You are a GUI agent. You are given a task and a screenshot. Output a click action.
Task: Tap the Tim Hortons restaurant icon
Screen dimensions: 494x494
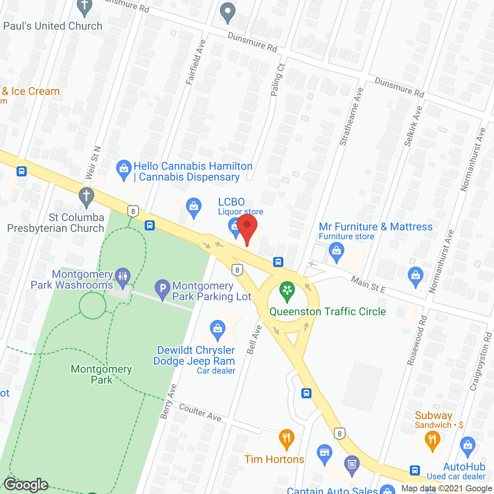point(286,438)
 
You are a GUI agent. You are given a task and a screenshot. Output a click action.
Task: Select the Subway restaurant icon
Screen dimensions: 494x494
point(432,440)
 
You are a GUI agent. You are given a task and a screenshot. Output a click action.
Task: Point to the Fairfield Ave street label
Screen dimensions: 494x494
point(196,62)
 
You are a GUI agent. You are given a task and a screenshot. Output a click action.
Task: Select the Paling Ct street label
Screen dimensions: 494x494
point(277,80)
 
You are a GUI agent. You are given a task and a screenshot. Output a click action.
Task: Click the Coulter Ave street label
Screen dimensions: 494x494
point(200,412)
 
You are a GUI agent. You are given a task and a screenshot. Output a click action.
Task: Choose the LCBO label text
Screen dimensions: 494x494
point(232,202)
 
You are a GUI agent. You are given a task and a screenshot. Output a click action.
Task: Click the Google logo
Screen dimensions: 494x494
point(26,485)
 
